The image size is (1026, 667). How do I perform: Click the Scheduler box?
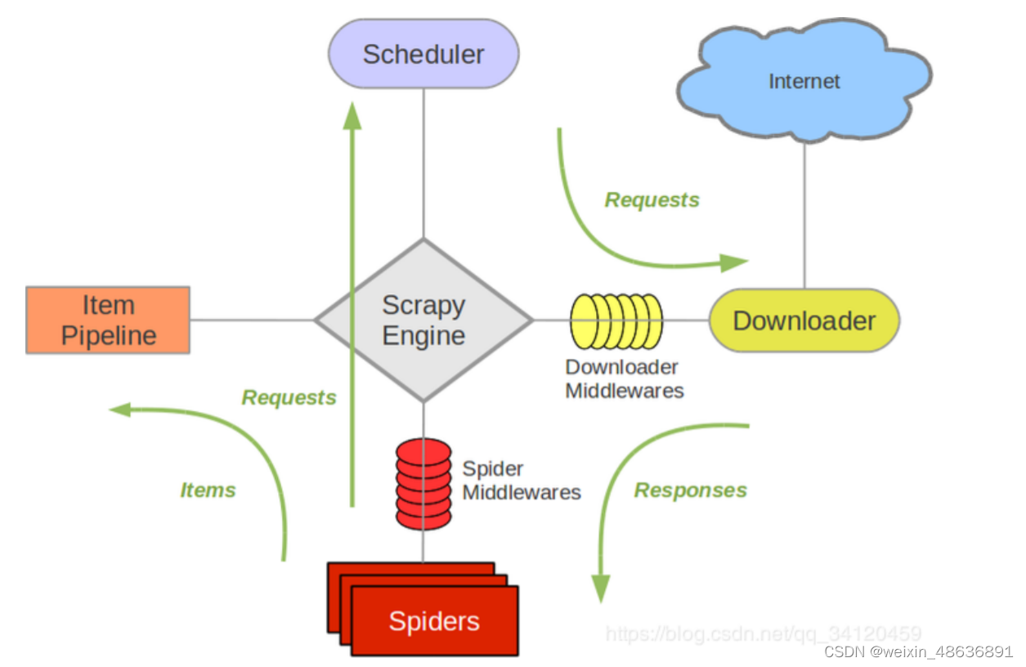click(423, 54)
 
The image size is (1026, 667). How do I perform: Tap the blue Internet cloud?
click(804, 80)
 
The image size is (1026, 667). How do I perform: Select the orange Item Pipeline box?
click(108, 320)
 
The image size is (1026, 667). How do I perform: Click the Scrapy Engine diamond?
click(423, 320)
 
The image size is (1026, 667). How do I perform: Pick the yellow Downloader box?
click(804, 320)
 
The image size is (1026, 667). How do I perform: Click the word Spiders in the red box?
click(434, 621)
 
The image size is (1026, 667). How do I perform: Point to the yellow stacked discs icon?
click(616, 321)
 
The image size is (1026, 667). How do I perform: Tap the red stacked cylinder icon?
click(423, 484)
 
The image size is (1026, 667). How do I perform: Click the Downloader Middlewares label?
click(625, 378)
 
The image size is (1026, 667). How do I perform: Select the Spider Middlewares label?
click(522, 481)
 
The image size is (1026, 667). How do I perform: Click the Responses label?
click(691, 490)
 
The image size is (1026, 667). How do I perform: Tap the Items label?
click(208, 490)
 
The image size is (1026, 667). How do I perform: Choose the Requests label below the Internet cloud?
click(652, 199)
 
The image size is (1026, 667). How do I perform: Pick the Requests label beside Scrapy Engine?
click(289, 397)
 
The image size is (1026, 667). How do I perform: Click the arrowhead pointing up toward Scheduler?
click(352, 115)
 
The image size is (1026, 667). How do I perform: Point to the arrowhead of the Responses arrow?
click(601, 589)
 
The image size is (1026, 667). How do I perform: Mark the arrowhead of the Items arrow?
click(120, 410)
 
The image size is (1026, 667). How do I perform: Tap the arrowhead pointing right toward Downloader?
click(734, 263)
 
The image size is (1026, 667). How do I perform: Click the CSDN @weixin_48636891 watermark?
click(918, 651)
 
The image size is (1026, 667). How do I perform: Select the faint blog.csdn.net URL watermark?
click(763, 633)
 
